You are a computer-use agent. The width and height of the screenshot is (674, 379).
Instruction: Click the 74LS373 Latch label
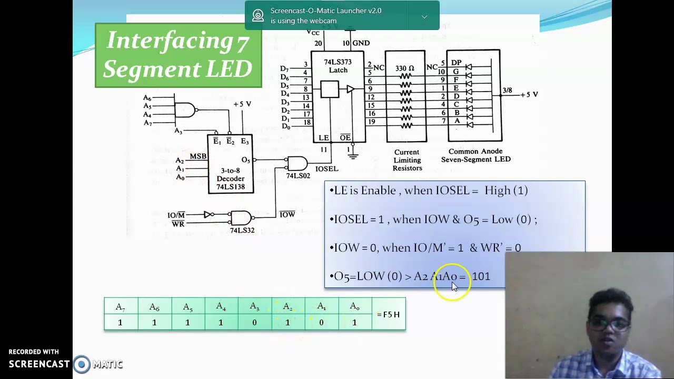tap(338, 66)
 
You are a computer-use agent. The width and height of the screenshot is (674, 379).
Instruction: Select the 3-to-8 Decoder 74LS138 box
tap(230, 164)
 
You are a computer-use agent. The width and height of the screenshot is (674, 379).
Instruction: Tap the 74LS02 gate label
tap(298, 176)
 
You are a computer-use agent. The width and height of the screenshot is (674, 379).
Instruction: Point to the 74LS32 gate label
tap(242, 230)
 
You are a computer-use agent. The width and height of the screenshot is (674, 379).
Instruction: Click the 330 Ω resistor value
tap(404, 68)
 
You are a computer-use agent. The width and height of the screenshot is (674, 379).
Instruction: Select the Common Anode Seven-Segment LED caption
tap(475, 155)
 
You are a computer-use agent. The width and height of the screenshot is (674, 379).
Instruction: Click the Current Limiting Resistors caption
tap(407, 160)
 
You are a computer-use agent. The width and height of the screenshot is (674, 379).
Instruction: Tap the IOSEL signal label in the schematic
tap(326, 169)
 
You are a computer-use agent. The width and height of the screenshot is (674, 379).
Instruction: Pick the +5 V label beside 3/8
tap(529, 94)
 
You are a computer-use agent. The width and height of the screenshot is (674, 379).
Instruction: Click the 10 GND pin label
tap(356, 43)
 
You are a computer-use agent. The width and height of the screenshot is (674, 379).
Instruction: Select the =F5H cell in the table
tap(388, 314)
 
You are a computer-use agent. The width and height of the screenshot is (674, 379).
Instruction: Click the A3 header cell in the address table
tap(254, 307)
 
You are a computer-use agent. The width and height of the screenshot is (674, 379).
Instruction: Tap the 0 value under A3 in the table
tap(254, 322)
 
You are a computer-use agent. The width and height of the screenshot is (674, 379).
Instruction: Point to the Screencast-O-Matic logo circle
tap(82, 364)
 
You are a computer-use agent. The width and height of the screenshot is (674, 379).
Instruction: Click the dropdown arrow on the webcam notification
tap(424, 16)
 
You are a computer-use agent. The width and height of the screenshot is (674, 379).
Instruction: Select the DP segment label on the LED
tap(456, 63)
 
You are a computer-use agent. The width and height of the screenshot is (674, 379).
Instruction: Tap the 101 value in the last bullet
tap(481, 276)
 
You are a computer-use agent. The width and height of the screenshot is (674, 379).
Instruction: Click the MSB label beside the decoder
tap(198, 156)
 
